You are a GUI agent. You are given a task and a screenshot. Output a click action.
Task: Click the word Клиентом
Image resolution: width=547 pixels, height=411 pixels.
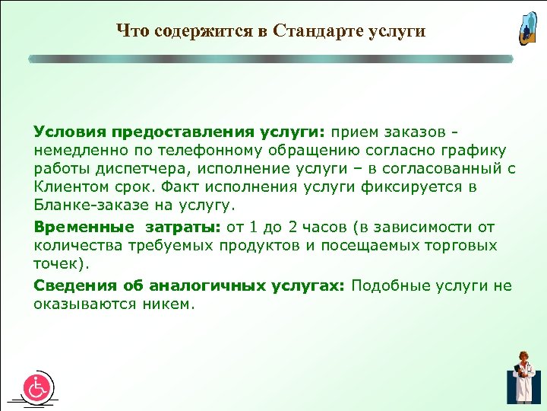(66, 186)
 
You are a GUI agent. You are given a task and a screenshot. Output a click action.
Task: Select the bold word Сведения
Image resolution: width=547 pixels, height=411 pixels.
(69, 285)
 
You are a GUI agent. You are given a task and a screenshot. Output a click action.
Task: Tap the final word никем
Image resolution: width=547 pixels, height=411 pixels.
(172, 304)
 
